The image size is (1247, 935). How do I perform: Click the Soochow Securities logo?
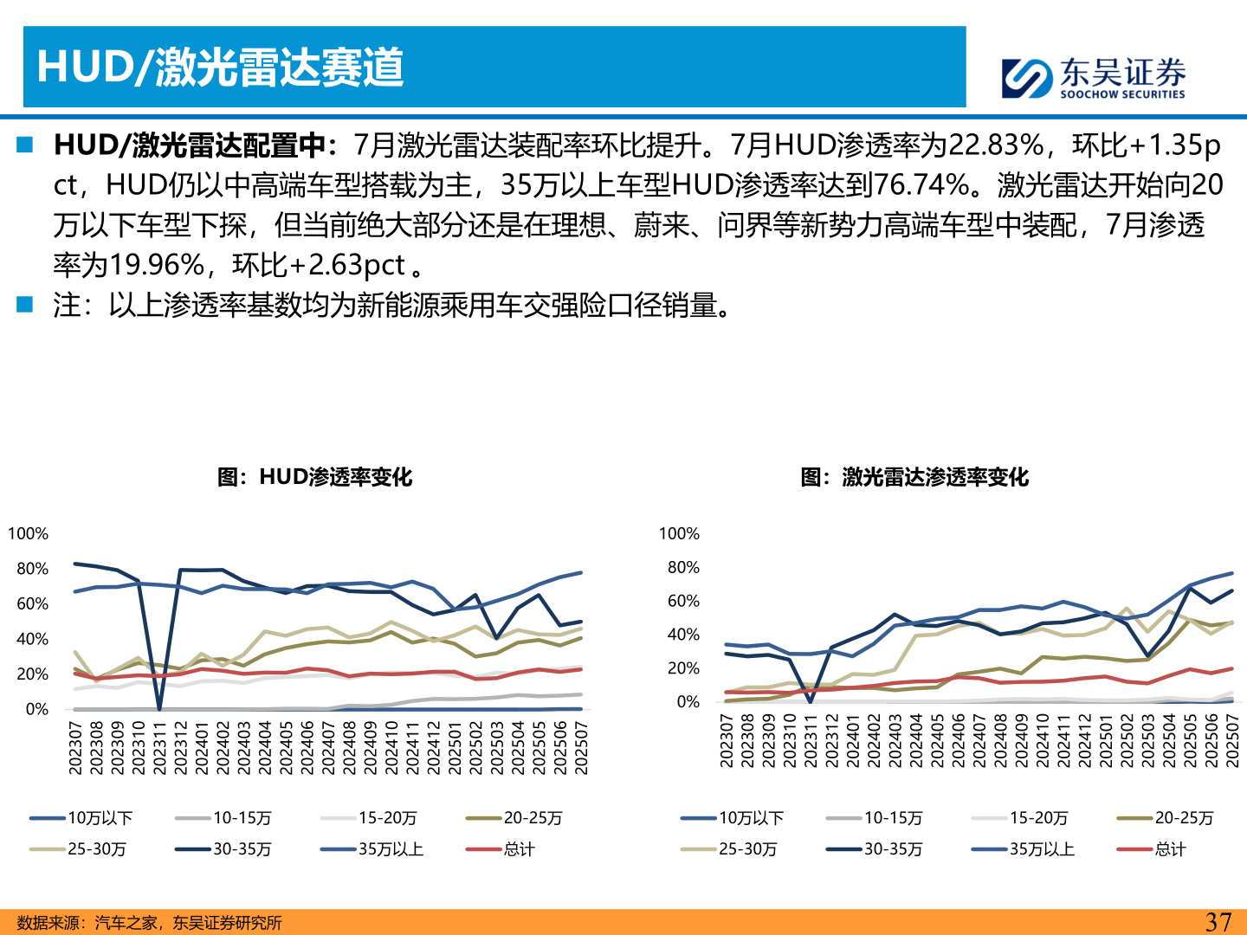[1093, 77]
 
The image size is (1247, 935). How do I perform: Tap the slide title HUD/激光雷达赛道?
[220, 67]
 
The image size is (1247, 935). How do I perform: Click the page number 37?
[1218, 921]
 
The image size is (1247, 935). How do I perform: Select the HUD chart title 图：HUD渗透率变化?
[314, 477]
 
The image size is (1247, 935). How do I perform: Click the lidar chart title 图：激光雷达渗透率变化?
[914, 477]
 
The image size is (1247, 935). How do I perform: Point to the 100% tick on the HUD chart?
[28, 533]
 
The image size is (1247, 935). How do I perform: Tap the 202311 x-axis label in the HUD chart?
[159, 748]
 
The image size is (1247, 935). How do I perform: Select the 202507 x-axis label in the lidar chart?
[1231, 741]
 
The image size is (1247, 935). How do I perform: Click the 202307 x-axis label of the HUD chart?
[75, 748]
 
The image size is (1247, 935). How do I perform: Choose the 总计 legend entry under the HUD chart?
[519, 849]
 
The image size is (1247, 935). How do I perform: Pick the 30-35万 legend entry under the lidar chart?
[893, 849]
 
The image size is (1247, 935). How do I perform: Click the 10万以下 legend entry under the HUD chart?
[100, 818]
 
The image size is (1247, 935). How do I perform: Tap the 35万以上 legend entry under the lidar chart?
[1042, 849]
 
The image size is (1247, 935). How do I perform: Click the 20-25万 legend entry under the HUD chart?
[533, 818]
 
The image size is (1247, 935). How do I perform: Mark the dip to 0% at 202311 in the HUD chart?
[159, 708]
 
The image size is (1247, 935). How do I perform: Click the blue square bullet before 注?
[24, 304]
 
